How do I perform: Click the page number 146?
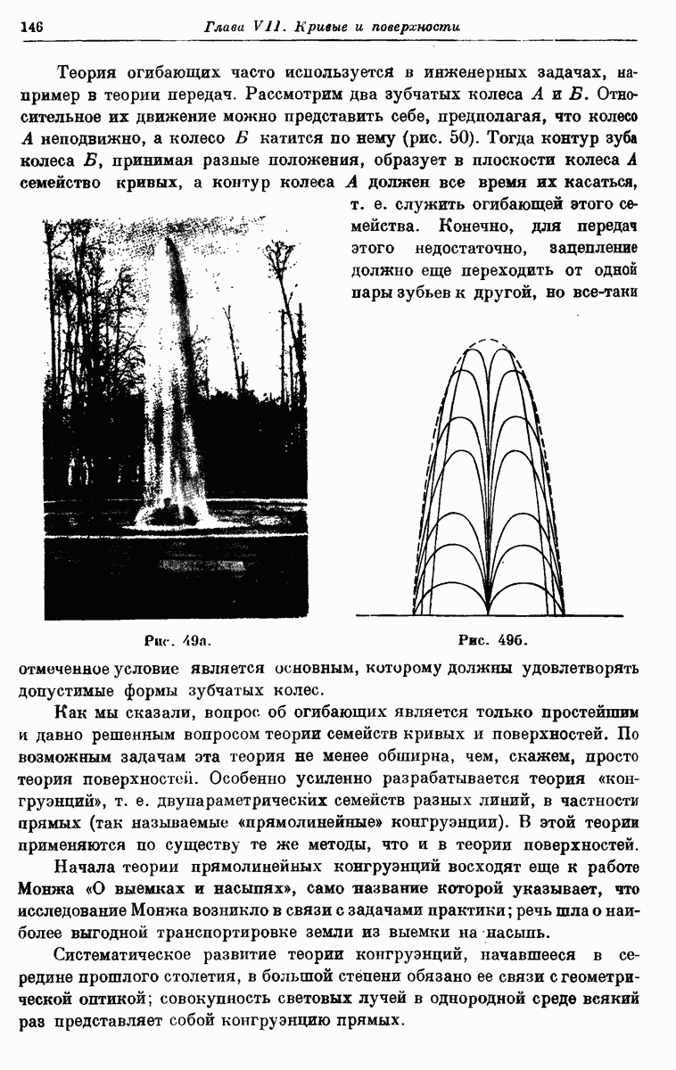[31, 28]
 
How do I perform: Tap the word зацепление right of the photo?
[595, 248]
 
